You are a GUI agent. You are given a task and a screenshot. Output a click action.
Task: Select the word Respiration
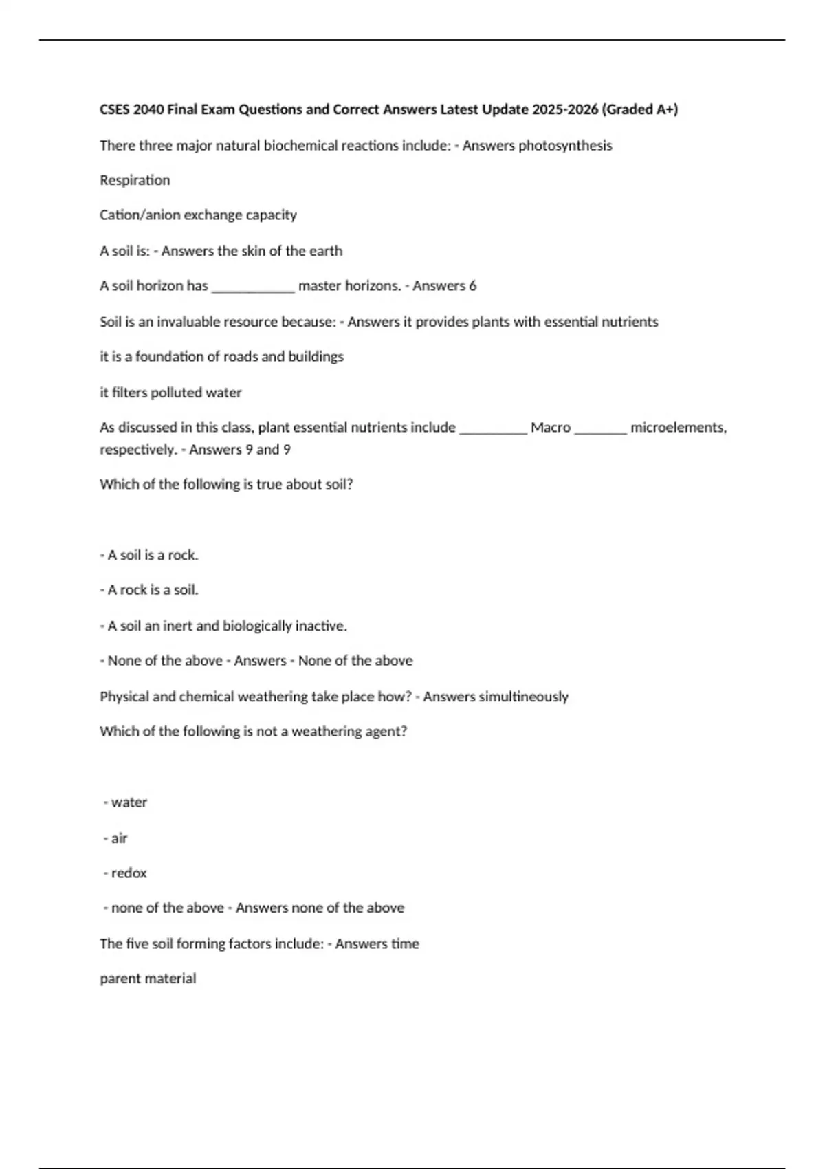pos(135,180)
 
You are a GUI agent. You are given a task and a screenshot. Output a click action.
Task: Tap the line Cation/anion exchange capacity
pos(198,215)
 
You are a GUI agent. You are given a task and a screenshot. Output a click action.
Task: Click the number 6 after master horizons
pos(472,286)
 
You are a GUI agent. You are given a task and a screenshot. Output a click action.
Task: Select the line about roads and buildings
pos(221,357)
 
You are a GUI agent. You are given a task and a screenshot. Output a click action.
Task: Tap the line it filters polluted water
pos(170,393)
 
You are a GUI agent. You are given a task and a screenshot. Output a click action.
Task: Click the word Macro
pos(551,428)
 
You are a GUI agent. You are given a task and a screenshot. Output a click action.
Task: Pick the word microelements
pos(677,428)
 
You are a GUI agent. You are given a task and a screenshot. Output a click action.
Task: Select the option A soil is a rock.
pos(149,556)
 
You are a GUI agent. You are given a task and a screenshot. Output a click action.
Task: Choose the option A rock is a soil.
pos(149,590)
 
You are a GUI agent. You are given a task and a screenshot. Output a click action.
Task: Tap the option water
pos(129,802)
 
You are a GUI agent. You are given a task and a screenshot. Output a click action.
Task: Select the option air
pos(119,838)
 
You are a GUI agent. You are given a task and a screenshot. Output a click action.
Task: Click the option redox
pos(129,873)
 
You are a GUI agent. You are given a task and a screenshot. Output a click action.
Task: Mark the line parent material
pos(148,979)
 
